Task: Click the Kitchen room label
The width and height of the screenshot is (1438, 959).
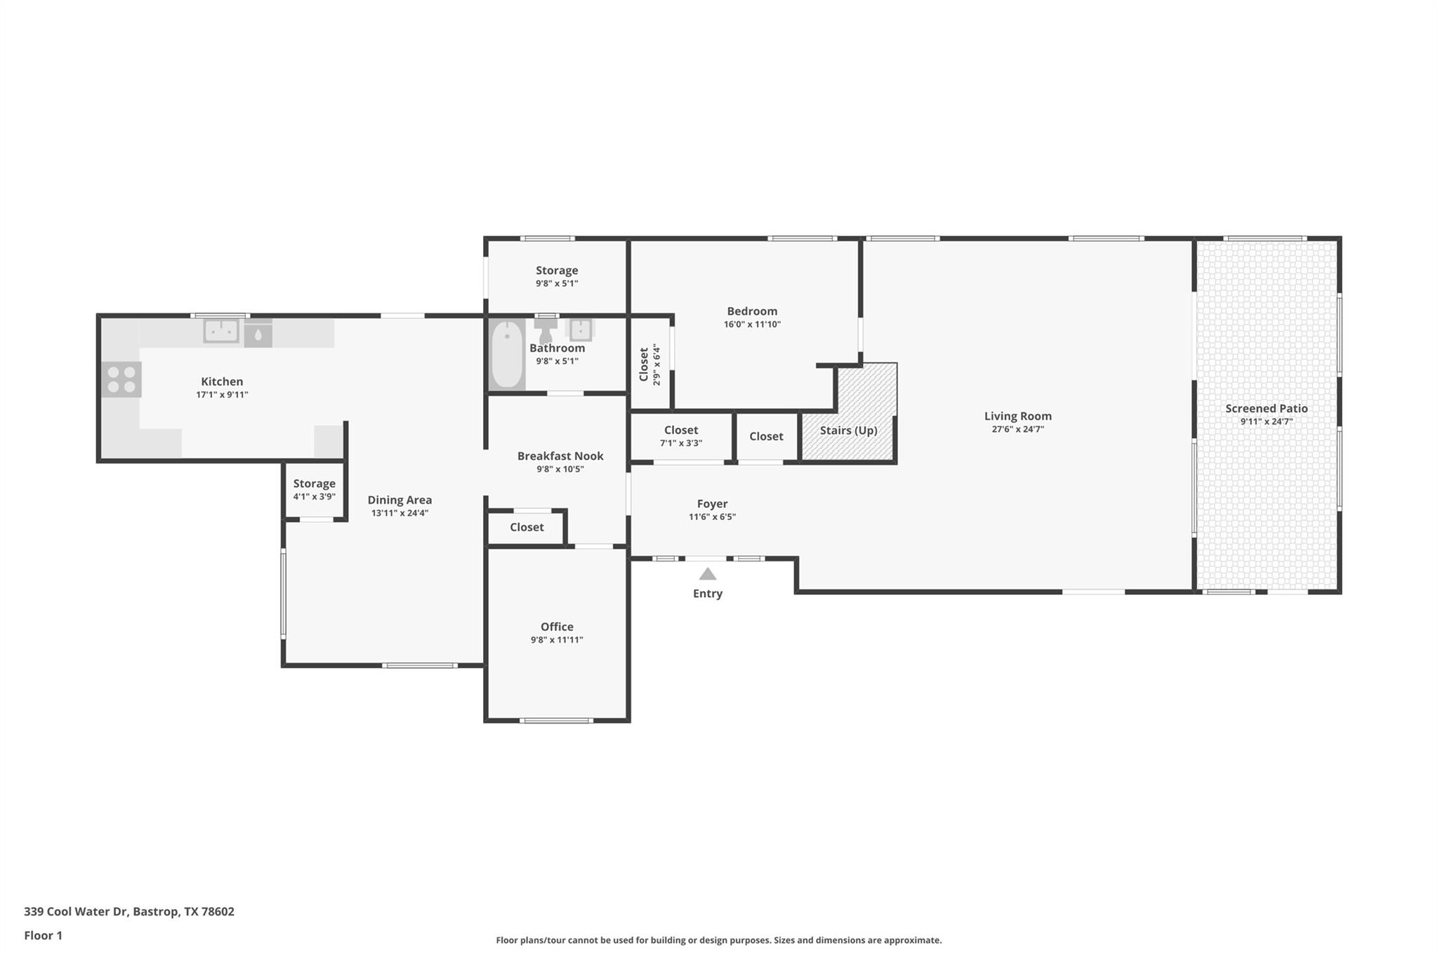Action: (x=222, y=381)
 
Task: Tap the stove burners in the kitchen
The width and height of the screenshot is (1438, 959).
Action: (x=121, y=379)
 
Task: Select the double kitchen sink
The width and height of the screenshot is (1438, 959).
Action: (x=221, y=330)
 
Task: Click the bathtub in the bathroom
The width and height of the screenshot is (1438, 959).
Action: (x=506, y=355)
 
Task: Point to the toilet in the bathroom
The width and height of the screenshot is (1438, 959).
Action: (x=546, y=330)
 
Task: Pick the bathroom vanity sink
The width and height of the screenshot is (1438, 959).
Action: (x=581, y=329)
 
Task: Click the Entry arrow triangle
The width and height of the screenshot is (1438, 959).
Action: (x=708, y=574)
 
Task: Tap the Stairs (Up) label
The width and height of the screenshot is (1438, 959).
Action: (x=848, y=430)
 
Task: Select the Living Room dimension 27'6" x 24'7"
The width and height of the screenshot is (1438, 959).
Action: (x=1017, y=429)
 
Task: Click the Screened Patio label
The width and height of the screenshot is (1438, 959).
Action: (x=1266, y=408)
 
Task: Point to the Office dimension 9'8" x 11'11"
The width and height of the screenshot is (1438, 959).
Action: (x=557, y=640)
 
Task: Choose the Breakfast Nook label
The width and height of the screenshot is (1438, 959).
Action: (x=560, y=456)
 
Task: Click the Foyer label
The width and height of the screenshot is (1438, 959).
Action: (x=712, y=504)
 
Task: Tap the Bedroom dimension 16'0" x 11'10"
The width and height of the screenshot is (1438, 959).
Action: (x=752, y=325)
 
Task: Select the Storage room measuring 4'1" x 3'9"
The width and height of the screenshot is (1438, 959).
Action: (x=314, y=490)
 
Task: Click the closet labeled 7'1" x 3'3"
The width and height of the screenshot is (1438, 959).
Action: (x=680, y=436)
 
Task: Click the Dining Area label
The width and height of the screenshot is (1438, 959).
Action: (x=400, y=500)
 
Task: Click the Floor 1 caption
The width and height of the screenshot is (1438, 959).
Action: (x=43, y=935)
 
